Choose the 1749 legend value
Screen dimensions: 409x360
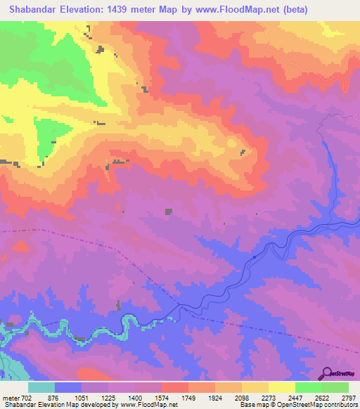pyautogui.click(x=189, y=397)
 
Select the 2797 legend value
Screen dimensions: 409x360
pyautogui.click(x=349, y=397)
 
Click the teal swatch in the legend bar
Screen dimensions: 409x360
pyautogui.click(x=41, y=387)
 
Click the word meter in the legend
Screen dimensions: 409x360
pyautogui.click(x=10, y=397)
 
